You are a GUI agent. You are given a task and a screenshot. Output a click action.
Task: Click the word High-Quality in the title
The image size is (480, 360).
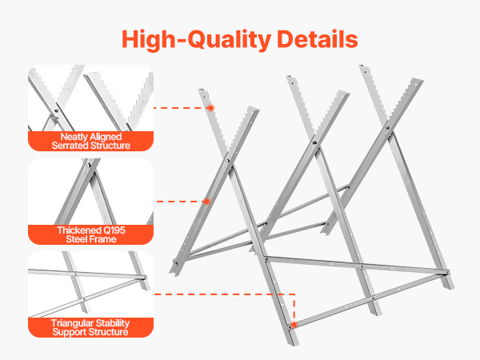click(196, 39)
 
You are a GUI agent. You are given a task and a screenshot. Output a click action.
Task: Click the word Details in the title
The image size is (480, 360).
click(318, 38)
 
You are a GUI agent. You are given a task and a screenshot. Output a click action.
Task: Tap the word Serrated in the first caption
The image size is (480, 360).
click(69, 146)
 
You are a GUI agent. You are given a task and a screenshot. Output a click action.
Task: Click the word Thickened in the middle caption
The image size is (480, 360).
click(77, 230)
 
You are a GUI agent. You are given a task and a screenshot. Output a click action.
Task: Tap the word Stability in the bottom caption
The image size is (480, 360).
click(112, 323)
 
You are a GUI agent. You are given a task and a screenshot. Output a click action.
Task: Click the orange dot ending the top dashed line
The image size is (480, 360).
click(210, 108)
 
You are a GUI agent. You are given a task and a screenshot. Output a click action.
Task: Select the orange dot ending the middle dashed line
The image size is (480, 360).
click(206, 201)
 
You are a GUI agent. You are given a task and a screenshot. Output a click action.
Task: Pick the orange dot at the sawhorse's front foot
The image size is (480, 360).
click(294, 325)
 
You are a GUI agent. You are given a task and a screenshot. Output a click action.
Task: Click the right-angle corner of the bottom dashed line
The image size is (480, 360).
click(294, 294)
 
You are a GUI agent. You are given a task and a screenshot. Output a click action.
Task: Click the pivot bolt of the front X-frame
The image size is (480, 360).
click(227, 161)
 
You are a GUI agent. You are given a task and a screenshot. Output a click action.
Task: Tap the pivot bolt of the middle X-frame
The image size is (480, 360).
click(314, 142)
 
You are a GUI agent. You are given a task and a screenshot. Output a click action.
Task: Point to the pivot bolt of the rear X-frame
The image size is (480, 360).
click(387, 128)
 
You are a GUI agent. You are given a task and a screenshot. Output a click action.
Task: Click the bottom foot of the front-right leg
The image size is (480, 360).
click(294, 343)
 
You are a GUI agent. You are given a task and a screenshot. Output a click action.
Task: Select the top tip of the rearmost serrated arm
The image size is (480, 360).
click(362, 66)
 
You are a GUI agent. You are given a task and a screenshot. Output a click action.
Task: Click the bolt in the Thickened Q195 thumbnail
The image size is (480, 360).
click(88, 166)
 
